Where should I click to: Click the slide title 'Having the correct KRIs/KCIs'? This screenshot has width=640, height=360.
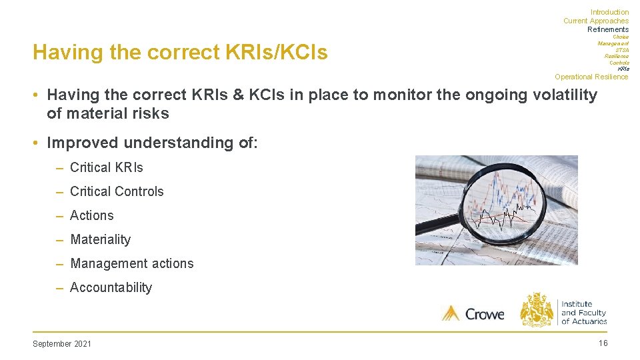(x=180, y=52)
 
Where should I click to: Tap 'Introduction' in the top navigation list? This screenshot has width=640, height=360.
(x=609, y=12)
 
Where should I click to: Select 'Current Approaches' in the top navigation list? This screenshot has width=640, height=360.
(x=595, y=21)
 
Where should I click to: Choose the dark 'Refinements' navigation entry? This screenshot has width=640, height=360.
(x=607, y=29)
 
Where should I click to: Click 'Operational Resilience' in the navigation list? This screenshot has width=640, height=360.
(x=591, y=77)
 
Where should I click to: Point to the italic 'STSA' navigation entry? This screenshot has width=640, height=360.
(x=621, y=50)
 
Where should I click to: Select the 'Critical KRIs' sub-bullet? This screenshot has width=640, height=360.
(x=106, y=167)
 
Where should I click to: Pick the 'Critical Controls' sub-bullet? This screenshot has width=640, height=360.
(x=116, y=191)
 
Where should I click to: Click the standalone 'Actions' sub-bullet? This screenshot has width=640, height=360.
(x=91, y=215)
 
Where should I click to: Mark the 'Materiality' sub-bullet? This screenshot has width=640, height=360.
(x=100, y=239)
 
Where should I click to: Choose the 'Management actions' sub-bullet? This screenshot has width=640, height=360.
(x=131, y=263)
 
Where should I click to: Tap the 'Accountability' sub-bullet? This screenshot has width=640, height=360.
(x=111, y=287)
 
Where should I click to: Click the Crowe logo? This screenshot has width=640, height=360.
(x=473, y=313)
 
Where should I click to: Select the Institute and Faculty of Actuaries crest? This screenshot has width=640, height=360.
(x=537, y=310)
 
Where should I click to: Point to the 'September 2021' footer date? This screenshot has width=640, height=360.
(x=62, y=343)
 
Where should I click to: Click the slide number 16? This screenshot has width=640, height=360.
(x=603, y=343)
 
